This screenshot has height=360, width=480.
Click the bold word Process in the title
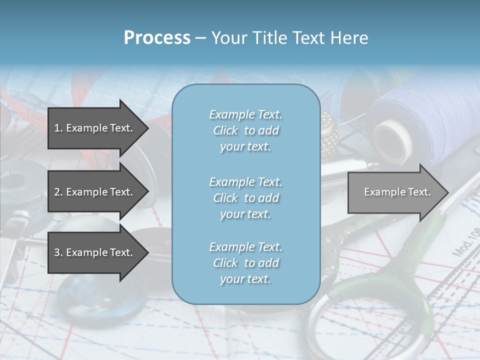(157, 38)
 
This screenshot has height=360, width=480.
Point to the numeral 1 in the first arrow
(57, 128)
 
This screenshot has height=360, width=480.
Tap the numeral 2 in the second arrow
(57, 192)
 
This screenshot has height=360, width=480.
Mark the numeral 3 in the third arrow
(57, 252)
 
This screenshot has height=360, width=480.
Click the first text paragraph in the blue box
(245, 130)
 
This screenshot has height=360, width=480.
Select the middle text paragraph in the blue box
(245, 198)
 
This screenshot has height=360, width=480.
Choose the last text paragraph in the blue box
(245, 263)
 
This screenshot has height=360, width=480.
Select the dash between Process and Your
(200, 38)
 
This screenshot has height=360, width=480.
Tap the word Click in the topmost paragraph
(225, 130)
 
